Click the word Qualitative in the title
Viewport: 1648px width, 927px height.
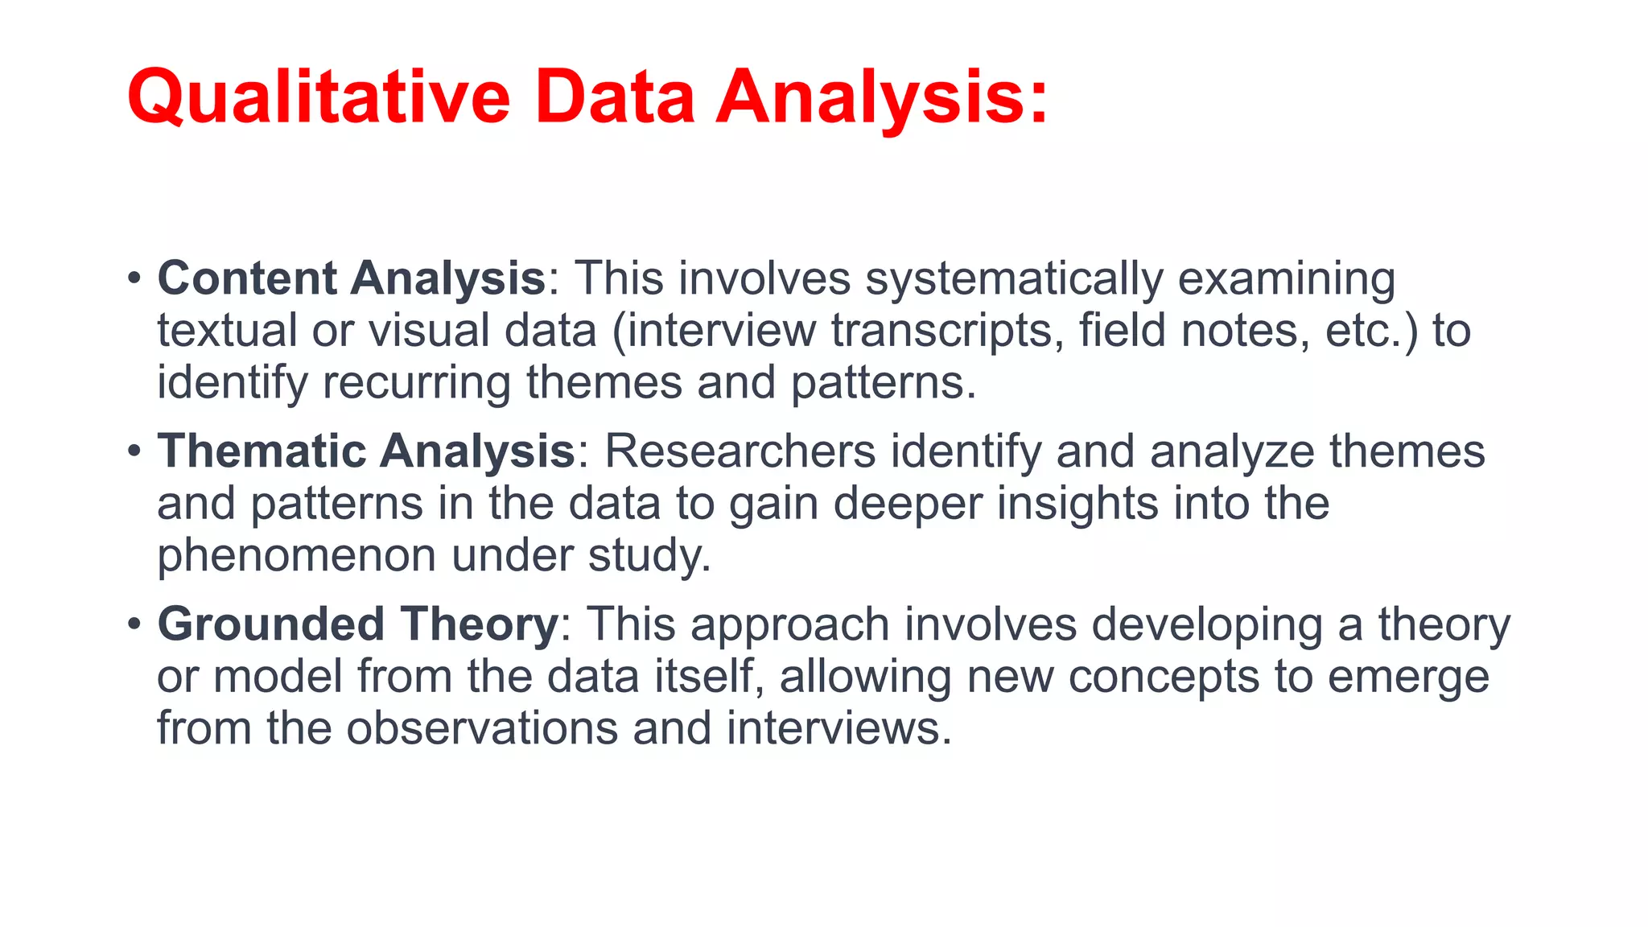[319, 98]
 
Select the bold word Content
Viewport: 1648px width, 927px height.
[247, 278]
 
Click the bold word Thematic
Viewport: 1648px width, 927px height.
[262, 451]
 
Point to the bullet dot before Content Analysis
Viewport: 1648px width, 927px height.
[134, 279]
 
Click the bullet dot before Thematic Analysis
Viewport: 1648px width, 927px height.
[134, 451]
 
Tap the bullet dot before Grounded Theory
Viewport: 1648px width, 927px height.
[134, 624]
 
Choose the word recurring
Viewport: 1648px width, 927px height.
[417, 383]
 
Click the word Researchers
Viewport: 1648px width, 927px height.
[740, 451]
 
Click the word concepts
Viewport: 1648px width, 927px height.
[1164, 677]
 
